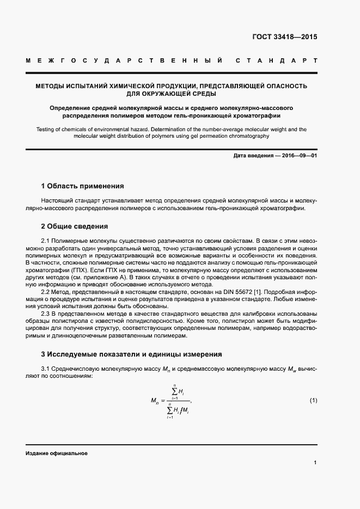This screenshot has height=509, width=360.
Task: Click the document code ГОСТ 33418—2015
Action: coord(284,38)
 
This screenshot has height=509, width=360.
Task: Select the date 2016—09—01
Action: coord(298,156)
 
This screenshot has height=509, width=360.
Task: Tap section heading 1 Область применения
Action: coord(82,186)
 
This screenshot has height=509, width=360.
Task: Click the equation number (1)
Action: coord(313,401)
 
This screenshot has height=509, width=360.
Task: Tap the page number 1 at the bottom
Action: coord(315,462)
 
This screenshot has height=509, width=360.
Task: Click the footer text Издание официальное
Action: coord(56,453)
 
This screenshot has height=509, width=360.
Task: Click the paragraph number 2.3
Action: coord(47,315)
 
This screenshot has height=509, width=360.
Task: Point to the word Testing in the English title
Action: coord(47,129)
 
